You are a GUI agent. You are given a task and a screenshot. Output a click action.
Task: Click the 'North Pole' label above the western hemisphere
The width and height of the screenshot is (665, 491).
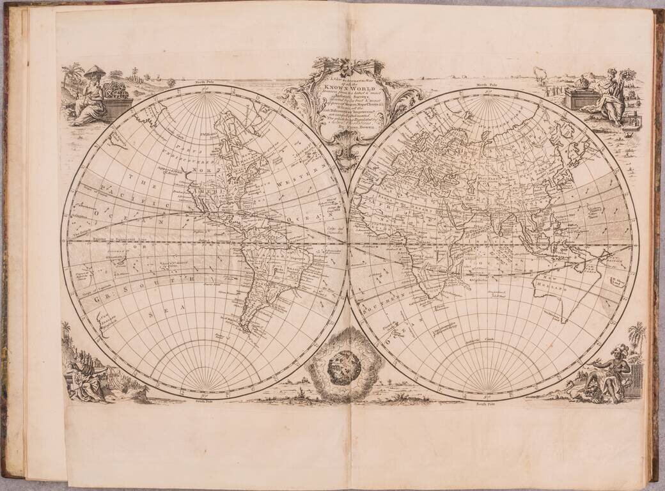[x=204, y=84]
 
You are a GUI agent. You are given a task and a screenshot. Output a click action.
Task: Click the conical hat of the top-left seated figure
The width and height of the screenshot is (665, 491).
[x=94, y=72]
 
